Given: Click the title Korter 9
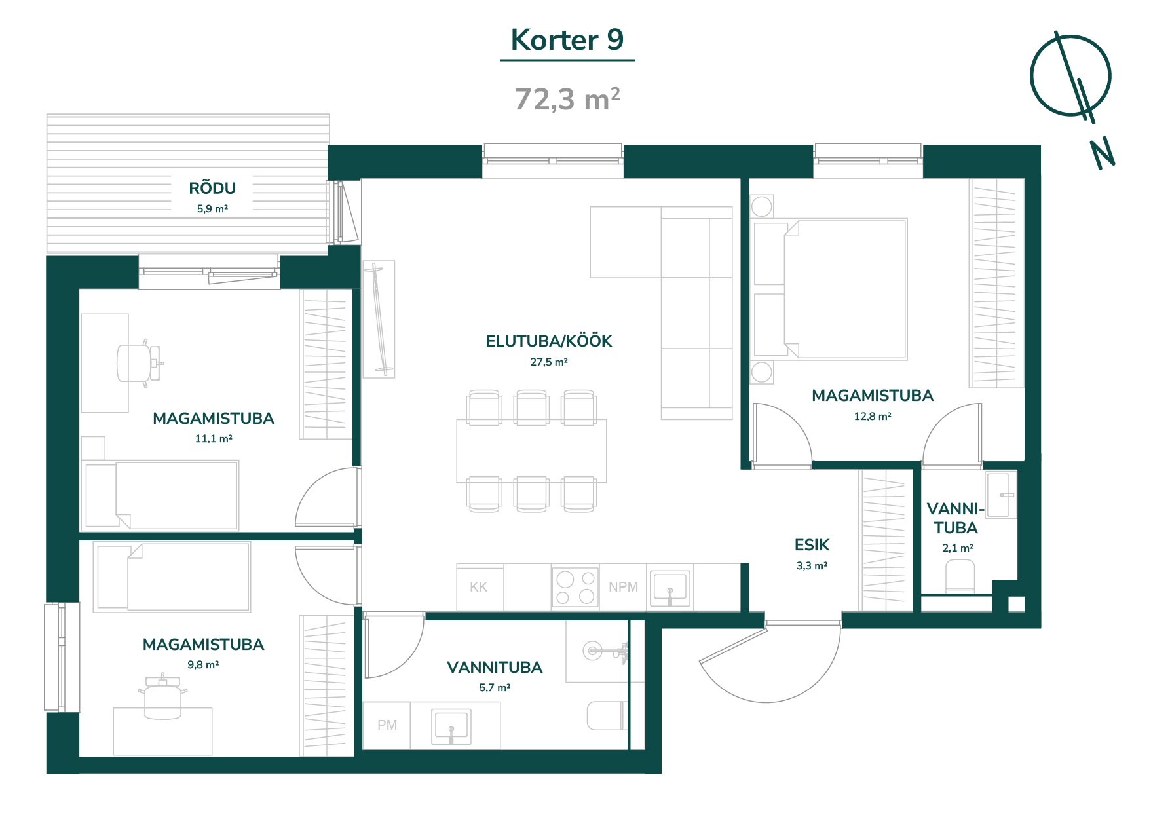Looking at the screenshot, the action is coord(567,40).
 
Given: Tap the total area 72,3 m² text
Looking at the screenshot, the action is coord(567,100).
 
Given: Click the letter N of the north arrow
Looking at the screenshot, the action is coord(1103,154).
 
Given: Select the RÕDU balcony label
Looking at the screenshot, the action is coord(212,188).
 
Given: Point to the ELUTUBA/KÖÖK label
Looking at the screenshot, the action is coord(549,341).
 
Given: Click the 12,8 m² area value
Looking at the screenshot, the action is coord(873,416).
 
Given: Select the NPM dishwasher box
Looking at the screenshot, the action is coord(623,587).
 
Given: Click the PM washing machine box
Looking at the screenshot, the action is coord(387,725).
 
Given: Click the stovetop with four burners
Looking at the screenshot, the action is coord(575,587).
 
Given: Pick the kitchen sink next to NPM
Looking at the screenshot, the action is coord(670,588).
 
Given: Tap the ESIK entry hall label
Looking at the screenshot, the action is coord(812,545).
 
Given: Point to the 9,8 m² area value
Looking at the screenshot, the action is coord(203,664).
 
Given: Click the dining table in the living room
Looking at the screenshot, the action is coord(531,451).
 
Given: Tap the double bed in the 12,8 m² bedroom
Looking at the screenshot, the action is coord(831,290).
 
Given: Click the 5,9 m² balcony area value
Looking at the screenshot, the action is coord(212,209).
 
